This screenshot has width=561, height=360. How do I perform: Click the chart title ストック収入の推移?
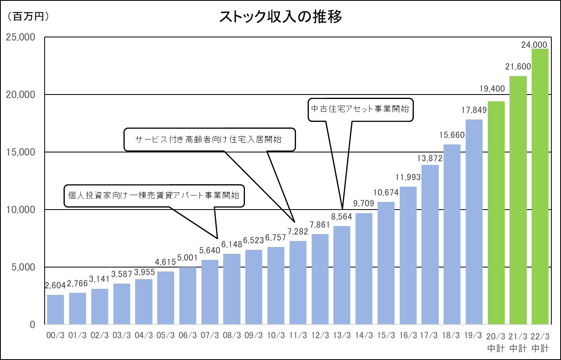click(280, 17)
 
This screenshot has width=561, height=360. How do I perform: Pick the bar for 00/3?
click(55, 310)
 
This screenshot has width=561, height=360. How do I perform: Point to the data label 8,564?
click(341, 217)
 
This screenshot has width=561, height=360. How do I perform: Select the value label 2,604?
click(55, 286)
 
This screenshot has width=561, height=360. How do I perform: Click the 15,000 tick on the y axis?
click(21, 152)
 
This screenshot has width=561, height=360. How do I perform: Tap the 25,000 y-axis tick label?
click(21, 37)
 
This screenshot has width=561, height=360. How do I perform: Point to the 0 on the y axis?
click(33, 325)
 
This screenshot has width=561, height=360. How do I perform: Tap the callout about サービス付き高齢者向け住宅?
click(209, 140)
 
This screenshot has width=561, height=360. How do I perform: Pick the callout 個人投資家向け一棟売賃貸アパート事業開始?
click(154, 196)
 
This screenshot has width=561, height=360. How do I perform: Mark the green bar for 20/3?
click(496, 213)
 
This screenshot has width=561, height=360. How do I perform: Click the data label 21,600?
click(518, 67)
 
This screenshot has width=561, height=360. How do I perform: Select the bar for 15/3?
click(386, 263)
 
